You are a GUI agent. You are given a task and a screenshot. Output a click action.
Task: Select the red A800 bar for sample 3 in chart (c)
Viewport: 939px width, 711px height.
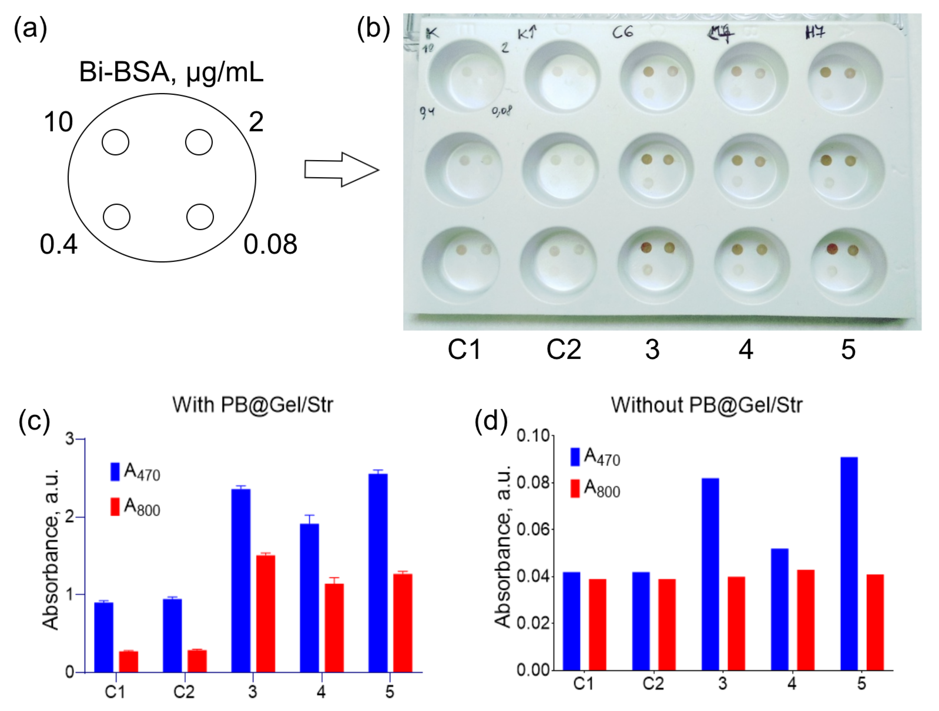click(x=266, y=613)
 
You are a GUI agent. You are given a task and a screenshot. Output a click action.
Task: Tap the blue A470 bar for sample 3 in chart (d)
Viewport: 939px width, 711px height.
click(x=710, y=574)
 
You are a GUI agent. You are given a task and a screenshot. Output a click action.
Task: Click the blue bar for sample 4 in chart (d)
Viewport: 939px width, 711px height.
click(x=780, y=609)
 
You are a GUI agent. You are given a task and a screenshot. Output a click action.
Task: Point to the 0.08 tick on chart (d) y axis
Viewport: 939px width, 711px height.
click(x=533, y=483)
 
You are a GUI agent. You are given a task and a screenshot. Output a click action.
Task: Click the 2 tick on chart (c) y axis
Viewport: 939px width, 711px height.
click(x=70, y=517)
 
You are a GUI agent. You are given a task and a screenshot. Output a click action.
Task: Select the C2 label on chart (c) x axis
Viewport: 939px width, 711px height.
click(x=184, y=692)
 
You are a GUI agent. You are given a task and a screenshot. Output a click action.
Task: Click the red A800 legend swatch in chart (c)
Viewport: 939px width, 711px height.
click(x=115, y=507)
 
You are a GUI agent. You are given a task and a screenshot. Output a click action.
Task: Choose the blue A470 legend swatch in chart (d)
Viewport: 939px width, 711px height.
click(x=575, y=457)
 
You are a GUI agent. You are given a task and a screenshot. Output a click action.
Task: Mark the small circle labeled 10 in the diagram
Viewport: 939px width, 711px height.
click(x=115, y=142)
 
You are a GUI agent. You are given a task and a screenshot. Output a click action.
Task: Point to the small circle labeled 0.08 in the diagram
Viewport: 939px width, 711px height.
click(x=200, y=217)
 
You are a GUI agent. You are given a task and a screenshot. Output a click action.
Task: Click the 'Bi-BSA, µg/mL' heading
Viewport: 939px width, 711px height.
click(x=171, y=72)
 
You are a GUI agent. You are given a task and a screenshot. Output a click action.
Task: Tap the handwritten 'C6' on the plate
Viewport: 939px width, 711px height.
click(x=623, y=32)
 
